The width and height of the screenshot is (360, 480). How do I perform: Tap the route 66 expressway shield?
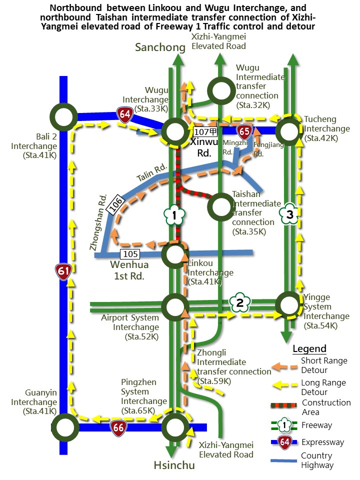click(118, 427)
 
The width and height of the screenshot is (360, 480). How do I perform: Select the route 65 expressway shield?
click(244, 131)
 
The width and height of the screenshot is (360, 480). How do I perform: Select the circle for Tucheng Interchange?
click(289, 131)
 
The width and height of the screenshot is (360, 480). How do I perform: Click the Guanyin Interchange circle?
click(65, 427)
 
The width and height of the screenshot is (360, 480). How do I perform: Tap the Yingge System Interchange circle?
click(289, 304)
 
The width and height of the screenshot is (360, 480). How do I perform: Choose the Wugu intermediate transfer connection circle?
click(221, 90)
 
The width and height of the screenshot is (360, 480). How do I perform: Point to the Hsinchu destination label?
click(175, 466)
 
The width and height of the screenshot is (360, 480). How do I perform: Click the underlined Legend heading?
click(309, 349)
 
